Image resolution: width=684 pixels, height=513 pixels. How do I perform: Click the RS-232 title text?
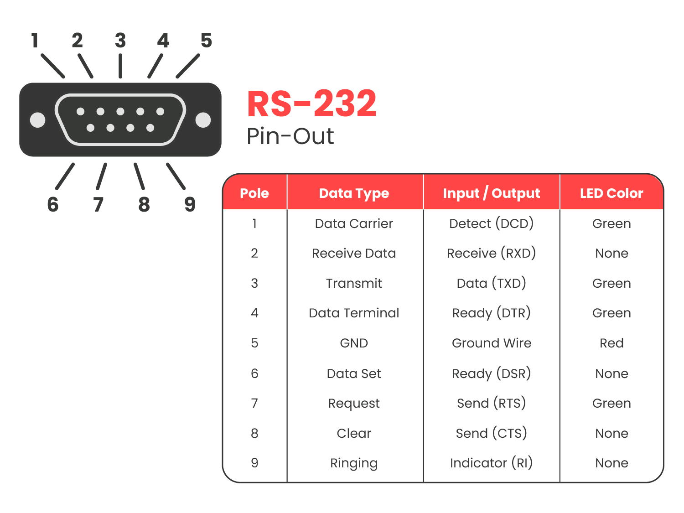(x=312, y=104)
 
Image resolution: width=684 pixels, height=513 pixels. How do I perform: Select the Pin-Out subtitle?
(x=290, y=136)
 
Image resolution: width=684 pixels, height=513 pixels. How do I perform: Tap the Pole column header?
(x=254, y=193)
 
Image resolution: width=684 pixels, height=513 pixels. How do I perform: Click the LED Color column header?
(x=611, y=193)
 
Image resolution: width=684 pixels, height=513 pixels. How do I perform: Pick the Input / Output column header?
(x=491, y=193)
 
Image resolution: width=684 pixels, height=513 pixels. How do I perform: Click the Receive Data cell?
(x=354, y=253)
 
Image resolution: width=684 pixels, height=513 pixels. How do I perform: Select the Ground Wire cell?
(x=491, y=343)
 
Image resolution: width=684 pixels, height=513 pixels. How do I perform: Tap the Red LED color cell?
(x=611, y=343)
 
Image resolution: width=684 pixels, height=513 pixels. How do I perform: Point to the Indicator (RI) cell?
(x=491, y=463)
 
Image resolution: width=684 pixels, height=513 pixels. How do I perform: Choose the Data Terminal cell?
(x=354, y=313)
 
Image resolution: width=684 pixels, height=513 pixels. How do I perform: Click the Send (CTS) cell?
(x=491, y=433)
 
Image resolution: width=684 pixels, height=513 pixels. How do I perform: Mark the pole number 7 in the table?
(x=254, y=403)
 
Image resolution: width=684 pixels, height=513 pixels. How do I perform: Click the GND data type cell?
(x=354, y=343)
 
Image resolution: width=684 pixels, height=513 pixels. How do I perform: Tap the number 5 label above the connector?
(x=206, y=41)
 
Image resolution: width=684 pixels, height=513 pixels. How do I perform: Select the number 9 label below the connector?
(x=190, y=204)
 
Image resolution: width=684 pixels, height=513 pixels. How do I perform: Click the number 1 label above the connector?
(x=35, y=41)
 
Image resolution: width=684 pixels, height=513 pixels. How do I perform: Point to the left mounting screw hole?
(x=37, y=120)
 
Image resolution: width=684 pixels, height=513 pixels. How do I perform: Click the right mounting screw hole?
(x=203, y=120)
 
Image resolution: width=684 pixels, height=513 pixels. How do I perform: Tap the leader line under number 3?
(x=120, y=66)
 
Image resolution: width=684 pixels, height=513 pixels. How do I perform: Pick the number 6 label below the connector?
(x=53, y=204)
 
